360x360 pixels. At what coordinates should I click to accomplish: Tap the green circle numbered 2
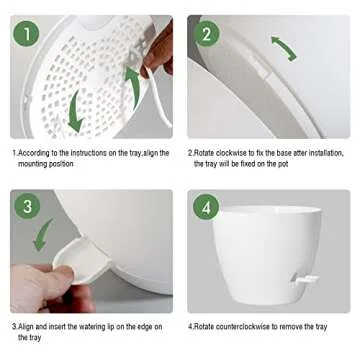coord(207,34)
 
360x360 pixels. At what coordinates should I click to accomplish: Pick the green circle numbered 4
coord(207,208)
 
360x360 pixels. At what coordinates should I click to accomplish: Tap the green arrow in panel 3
coord(43,236)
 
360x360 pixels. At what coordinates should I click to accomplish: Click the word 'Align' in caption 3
coord(27,327)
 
